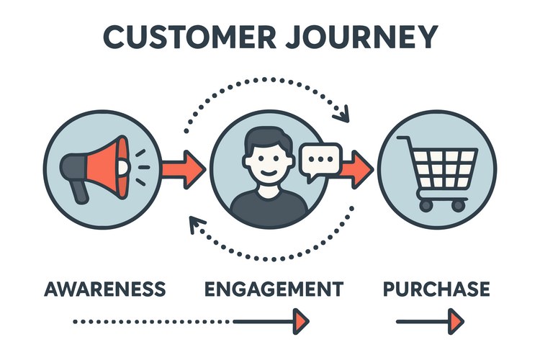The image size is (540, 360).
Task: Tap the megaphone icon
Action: (x=97, y=167)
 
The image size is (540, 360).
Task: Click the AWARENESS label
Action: (x=104, y=289)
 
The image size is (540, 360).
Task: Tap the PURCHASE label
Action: (x=436, y=289)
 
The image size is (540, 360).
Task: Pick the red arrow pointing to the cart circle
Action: (x=356, y=171)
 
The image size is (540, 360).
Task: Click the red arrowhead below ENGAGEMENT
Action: (x=302, y=320)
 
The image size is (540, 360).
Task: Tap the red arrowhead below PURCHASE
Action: (x=456, y=320)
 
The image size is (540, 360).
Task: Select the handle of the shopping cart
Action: (x=405, y=139)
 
